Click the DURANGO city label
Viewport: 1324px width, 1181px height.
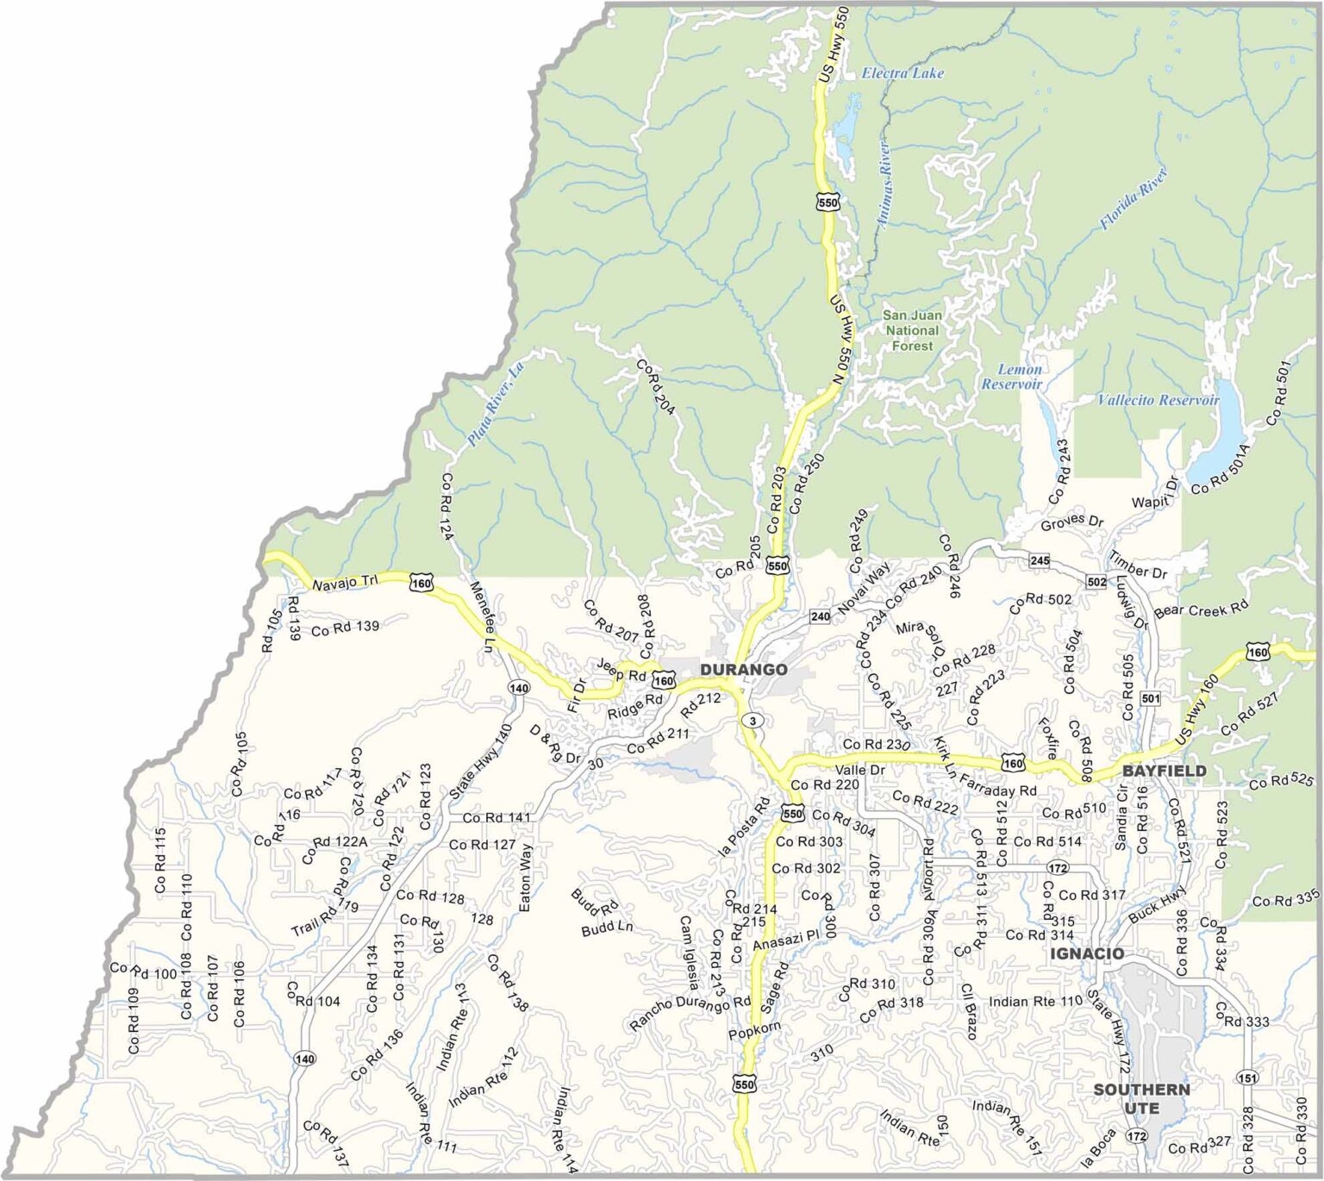click(743, 670)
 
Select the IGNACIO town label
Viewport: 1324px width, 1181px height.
click(1086, 953)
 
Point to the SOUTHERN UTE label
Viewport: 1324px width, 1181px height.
click(1141, 1099)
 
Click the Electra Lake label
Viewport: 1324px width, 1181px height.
click(902, 73)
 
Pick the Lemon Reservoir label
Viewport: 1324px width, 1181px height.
click(1012, 377)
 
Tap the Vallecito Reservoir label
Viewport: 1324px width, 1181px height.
click(1158, 400)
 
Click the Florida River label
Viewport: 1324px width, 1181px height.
click(1133, 198)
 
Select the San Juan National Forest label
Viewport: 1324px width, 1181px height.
click(912, 330)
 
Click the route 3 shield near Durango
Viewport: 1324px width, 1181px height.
click(753, 721)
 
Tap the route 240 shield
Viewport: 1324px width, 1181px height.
click(820, 616)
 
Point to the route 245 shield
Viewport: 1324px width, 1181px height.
click(1040, 561)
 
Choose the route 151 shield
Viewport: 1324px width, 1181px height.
click(1246, 1078)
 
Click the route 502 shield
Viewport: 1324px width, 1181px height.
click(1096, 582)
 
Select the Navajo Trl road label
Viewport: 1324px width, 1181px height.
click(345, 584)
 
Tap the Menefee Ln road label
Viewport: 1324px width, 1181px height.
click(481, 615)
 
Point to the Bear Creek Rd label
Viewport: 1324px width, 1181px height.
click(1201, 609)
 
